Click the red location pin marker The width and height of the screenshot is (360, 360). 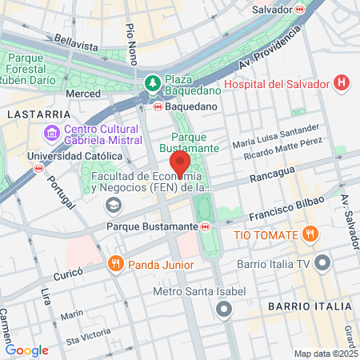(180, 164)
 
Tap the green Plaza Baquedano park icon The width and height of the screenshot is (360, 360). (152, 82)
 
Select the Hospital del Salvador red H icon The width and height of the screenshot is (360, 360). (342, 82)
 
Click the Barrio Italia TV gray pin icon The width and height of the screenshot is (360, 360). (322, 262)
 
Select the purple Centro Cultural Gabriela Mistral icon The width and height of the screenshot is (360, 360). (52, 131)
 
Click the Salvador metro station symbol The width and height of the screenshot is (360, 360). (300, 9)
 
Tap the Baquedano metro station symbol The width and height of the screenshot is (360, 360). (158, 105)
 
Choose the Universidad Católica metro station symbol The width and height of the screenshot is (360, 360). (39, 169)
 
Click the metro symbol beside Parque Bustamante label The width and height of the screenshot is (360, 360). (206, 226)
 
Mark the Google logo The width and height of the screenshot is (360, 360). (26, 350)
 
